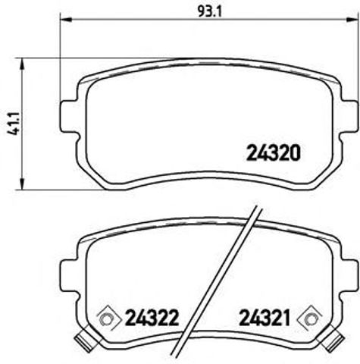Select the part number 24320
point(274,152)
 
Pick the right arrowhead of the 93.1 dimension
point(354,20)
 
